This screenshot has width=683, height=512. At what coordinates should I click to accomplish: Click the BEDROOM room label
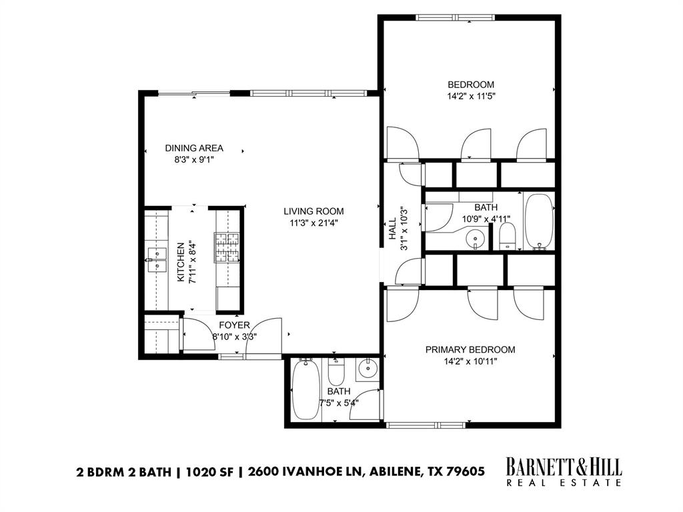pos(470,85)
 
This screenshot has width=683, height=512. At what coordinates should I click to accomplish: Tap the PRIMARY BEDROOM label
pos(470,349)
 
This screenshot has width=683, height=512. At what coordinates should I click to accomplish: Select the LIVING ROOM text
pos(313,211)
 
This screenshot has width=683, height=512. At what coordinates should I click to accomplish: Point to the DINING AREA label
pos(194,148)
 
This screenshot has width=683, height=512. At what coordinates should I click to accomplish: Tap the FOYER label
pos(234,325)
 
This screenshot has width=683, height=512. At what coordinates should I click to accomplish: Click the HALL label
pos(393,229)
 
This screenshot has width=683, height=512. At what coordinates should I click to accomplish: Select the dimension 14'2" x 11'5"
pos(470,96)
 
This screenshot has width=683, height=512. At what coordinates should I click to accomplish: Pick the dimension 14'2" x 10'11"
pos(470,361)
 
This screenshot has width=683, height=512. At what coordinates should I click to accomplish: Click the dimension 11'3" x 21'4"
pos(313,223)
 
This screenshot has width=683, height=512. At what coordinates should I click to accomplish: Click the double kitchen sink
pos(157,260)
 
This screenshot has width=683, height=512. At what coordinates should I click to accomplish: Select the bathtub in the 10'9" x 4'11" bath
pos(539,222)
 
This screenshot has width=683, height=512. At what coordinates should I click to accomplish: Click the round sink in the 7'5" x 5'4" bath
pos(367,367)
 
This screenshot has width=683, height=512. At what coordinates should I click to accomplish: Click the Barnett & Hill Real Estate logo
pos(564,471)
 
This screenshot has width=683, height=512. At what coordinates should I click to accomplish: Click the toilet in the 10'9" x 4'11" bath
pos(508,235)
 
